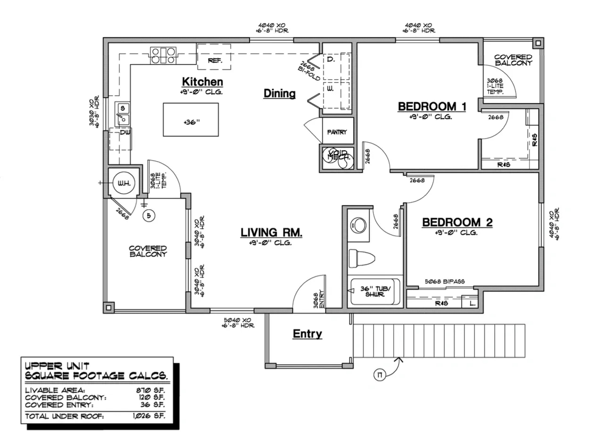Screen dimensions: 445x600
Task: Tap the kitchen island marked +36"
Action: click(191, 120)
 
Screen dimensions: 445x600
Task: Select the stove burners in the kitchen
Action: click(163, 56)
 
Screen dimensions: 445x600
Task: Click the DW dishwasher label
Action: click(125, 132)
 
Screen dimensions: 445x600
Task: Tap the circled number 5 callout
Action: click(149, 215)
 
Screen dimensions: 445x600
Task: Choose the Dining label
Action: click(279, 94)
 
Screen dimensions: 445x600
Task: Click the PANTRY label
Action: click(337, 132)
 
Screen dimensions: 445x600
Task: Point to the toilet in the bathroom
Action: click(361, 258)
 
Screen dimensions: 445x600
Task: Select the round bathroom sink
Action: click(361, 225)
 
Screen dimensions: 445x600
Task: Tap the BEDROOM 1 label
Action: click(432, 107)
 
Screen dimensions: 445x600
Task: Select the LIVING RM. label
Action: click(271, 232)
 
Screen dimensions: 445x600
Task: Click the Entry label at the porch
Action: click(307, 334)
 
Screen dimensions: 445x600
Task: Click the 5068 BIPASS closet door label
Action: click(444, 281)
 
